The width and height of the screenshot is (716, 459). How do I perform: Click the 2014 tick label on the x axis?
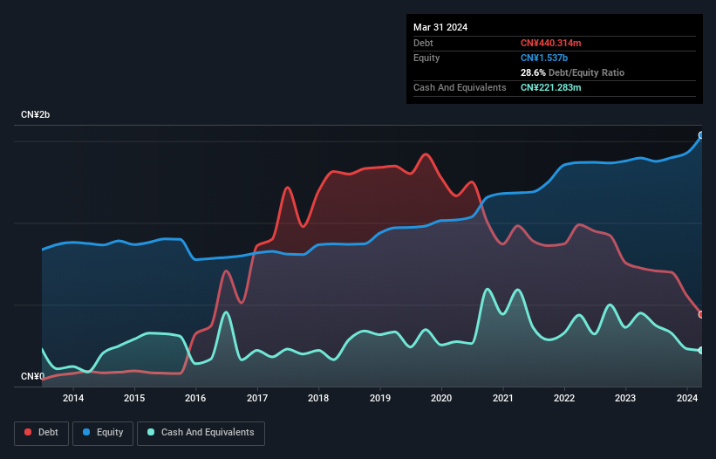click(x=73, y=399)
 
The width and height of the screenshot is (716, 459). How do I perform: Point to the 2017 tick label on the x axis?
click(x=257, y=399)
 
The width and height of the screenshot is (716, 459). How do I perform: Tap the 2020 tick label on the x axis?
click(x=441, y=399)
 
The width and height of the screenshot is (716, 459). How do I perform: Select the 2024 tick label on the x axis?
click(x=687, y=399)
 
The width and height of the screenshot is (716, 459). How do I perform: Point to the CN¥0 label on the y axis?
click(x=33, y=377)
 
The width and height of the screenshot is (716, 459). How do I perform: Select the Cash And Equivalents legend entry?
click(x=200, y=432)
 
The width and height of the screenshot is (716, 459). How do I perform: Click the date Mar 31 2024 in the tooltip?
click(x=440, y=27)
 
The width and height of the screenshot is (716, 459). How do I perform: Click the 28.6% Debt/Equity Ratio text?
click(x=572, y=72)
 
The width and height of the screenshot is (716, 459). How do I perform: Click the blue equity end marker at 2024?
click(x=700, y=135)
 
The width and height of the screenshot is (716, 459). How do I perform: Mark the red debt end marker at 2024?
click(x=700, y=314)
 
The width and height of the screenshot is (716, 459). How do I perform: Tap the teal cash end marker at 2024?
click(x=700, y=351)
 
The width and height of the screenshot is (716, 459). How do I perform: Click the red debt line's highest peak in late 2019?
click(x=426, y=154)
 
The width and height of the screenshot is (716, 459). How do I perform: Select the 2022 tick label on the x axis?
click(x=564, y=399)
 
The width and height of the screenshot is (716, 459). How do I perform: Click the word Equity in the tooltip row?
click(x=426, y=58)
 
